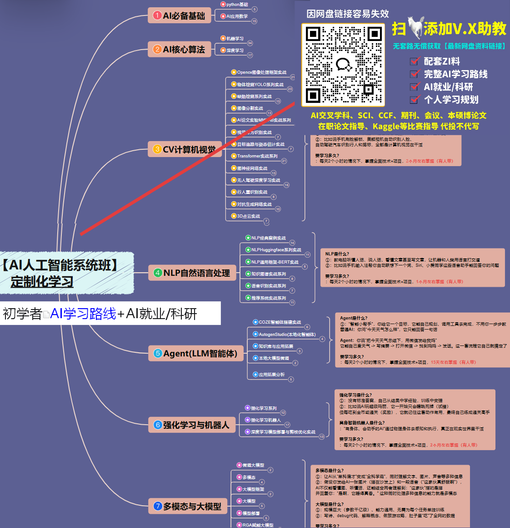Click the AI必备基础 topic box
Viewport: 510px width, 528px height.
click(180, 15)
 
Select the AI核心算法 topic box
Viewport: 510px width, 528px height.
click(180, 49)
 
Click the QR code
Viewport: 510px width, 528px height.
click(343, 65)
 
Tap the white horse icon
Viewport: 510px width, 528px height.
click(415, 28)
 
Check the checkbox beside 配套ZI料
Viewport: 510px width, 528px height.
click(414, 61)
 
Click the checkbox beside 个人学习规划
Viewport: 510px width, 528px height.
click(414, 99)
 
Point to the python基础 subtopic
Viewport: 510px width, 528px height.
click(237, 5)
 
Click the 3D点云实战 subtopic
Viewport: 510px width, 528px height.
click(248, 216)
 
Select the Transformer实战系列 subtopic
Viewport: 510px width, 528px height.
click(257, 156)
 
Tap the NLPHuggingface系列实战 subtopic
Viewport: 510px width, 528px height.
click(276, 250)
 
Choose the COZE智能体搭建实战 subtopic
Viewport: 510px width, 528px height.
click(280, 322)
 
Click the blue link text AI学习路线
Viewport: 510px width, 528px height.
click(83, 314)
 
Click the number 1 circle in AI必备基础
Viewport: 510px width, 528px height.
click(157, 15)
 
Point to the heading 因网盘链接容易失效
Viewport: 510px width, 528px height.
click(348, 14)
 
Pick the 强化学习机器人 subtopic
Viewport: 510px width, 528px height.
click(265, 420)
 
